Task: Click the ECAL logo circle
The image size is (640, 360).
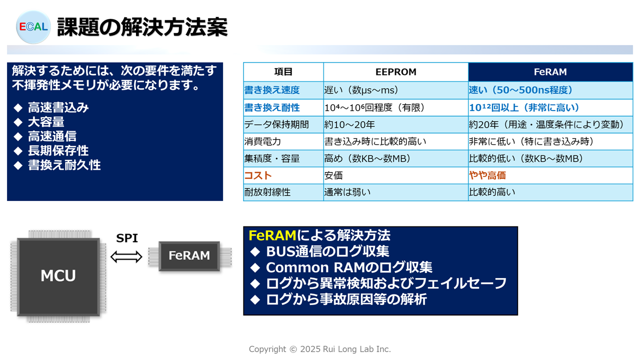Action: pyautogui.click(x=33, y=27)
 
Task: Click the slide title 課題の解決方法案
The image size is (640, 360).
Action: pyautogui.click(x=142, y=27)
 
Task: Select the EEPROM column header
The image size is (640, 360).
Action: pyautogui.click(x=395, y=72)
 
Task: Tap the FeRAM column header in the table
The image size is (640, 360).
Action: pyautogui.click(x=550, y=72)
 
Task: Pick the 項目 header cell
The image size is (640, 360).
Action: pyautogui.click(x=283, y=71)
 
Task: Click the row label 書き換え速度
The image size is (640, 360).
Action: pyautogui.click(x=271, y=90)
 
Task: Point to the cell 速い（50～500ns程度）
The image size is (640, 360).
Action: pyautogui.click(x=520, y=90)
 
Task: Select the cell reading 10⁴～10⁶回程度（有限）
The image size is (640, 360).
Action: pyautogui.click(x=374, y=107)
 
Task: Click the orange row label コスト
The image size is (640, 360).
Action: pyautogui.click(x=257, y=175)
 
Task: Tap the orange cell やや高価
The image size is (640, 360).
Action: pyautogui.click(x=487, y=175)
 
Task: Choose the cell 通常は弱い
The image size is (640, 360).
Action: pyautogui.click(x=347, y=192)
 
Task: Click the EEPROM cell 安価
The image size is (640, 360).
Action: pyautogui.click(x=333, y=175)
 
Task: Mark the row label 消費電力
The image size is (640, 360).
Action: pyautogui.click(x=262, y=141)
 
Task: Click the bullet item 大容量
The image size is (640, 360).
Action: pyautogui.click(x=46, y=122)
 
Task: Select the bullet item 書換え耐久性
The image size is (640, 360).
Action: pyautogui.click(x=64, y=165)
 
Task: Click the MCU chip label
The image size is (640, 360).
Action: pyautogui.click(x=58, y=275)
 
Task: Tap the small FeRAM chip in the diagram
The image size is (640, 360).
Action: pyautogui.click(x=189, y=256)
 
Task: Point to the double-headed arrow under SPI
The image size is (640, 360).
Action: pyautogui.click(x=126, y=256)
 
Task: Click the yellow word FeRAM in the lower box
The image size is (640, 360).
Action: pyautogui.click(x=272, y=235)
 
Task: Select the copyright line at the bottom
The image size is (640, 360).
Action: pyautogui.click(x=319, y=349)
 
